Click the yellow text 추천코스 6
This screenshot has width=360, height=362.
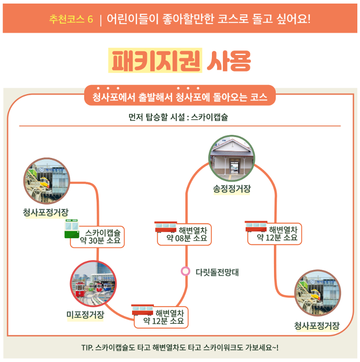pyautogui.click(x=71, y=20)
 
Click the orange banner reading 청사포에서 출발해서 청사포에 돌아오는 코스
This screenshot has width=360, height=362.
pyautogui.click(x=180, y=97)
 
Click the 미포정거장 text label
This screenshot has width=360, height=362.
pyautogui.click(x=86, y=315)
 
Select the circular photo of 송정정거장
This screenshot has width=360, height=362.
pyautogui.click(x=231, y=158)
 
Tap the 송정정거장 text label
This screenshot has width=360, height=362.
pyautogui.click(x=231, y=189)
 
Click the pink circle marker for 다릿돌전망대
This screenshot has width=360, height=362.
pyautogui.click(x=185, y=271)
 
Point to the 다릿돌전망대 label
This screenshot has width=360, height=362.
pyautogui.click(x=217, y=272)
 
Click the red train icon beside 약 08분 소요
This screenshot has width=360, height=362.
pyautogui.click(x=165, y=227)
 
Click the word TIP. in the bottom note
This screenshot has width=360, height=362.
pyautogui.click(x=87, y=347)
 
